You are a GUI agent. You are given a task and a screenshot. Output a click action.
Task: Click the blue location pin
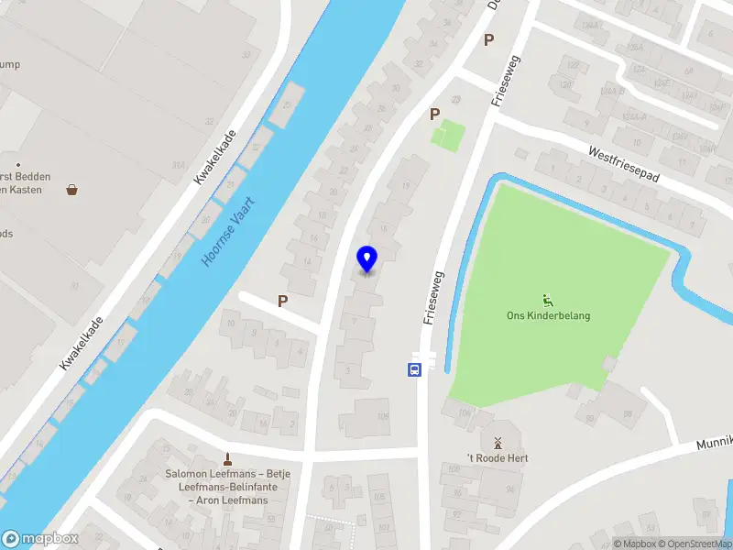coord(366,258)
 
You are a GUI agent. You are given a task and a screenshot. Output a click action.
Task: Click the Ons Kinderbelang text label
coord(549,316)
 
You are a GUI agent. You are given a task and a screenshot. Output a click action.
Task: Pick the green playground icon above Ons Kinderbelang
coord(548,299)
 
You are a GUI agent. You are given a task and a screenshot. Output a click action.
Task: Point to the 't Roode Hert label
coord(498,458)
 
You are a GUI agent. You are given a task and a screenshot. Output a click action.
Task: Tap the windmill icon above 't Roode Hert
coord(498,442)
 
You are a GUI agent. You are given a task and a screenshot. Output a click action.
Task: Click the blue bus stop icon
coord(414,370)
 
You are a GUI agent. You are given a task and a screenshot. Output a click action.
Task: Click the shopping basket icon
coord(71,190)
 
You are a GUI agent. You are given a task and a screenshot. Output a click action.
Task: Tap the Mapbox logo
coord(40,539)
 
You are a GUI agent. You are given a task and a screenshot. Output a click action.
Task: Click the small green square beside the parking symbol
coord(447,136)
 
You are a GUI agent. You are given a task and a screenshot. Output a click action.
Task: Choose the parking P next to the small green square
coord(435,115)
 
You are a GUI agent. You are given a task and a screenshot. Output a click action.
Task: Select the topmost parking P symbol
coord(488,39)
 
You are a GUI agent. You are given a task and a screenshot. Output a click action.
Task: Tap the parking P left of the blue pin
coord(283,301)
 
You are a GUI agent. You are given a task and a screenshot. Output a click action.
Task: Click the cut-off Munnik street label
coord(715,436)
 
